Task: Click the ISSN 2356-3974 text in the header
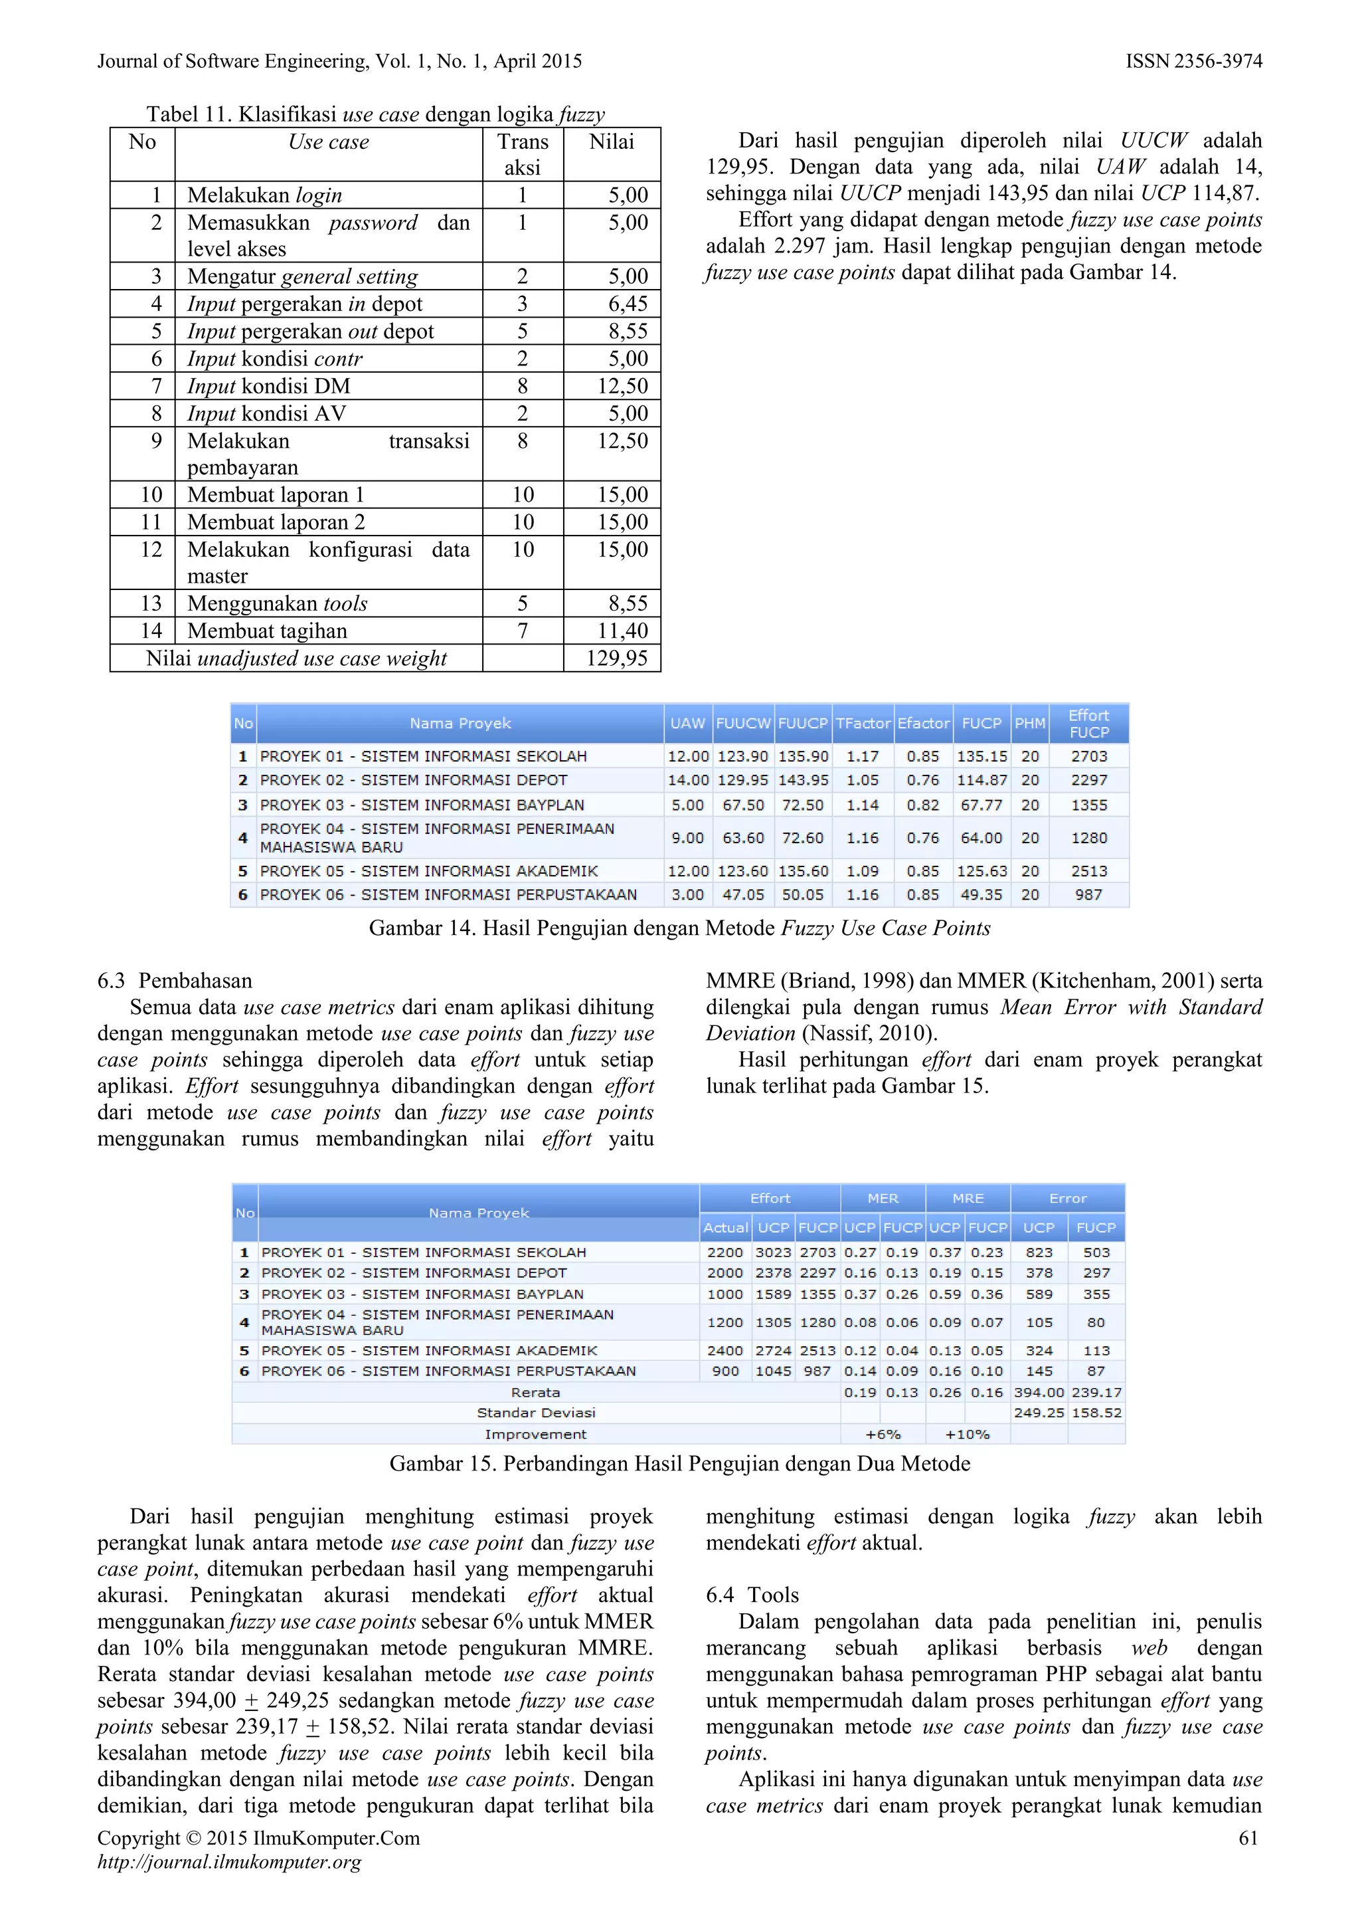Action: coord(1193,61)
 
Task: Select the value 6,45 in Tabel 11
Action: coord(628,304)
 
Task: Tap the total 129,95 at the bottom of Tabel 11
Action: coord(617,658)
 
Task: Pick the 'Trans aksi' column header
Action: coord(522,154)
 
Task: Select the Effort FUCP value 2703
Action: coord(1088,756)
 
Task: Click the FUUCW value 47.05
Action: coord(743,894)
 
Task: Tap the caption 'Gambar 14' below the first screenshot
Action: coord(679,928)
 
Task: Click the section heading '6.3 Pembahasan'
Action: coord(174,981)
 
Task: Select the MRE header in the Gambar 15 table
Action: coord(967,1198)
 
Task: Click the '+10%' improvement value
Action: coord(967,1435)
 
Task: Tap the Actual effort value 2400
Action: coord(725,1351)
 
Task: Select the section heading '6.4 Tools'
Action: coord(752,1595)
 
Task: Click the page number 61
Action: coord(1248,1838)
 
